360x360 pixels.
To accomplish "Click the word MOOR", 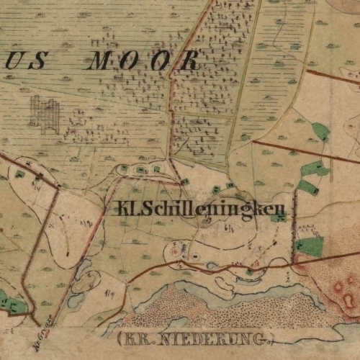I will click(x=142, y=61).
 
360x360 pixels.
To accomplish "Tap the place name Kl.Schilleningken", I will click(x=194, y=210).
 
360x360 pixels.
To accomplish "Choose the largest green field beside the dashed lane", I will click(x=310, y=246).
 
